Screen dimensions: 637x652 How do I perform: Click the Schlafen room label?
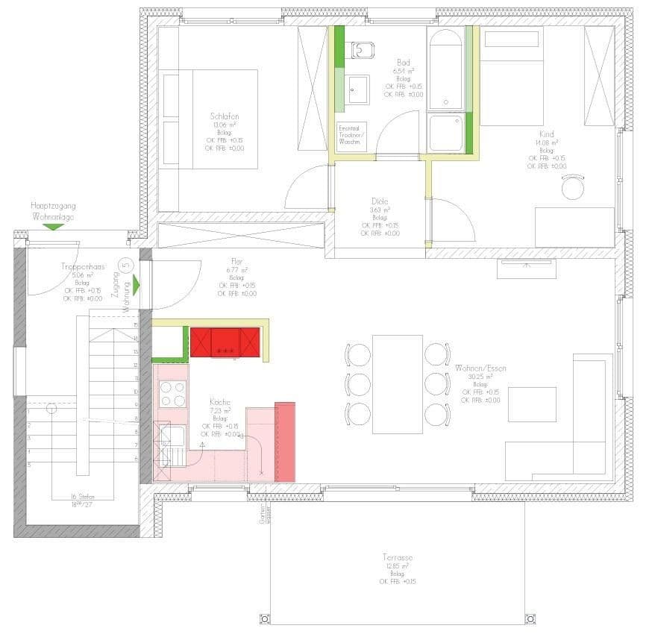[224, 117]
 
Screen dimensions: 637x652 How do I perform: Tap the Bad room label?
[404, 63]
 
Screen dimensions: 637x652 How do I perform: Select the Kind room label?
[546, 134]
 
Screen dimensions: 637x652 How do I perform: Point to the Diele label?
[380, 201]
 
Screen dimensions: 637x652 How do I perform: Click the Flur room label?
[237, 261]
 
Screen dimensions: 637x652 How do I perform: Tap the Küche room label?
[220, 401]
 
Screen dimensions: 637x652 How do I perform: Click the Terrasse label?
[398, 557]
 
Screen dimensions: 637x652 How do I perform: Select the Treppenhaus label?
[83, 266]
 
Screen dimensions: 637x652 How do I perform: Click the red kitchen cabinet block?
[225, 342]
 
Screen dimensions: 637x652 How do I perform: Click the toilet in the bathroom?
[363, 48]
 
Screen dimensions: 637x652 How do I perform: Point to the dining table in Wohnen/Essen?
[398, 383]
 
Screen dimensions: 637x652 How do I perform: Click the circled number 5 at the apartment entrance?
[126, 263]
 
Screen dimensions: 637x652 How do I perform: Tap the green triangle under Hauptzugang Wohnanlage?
[54, 226]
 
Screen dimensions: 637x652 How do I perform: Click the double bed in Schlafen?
[210, 119]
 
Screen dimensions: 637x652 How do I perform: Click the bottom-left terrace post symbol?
[264, 618]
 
